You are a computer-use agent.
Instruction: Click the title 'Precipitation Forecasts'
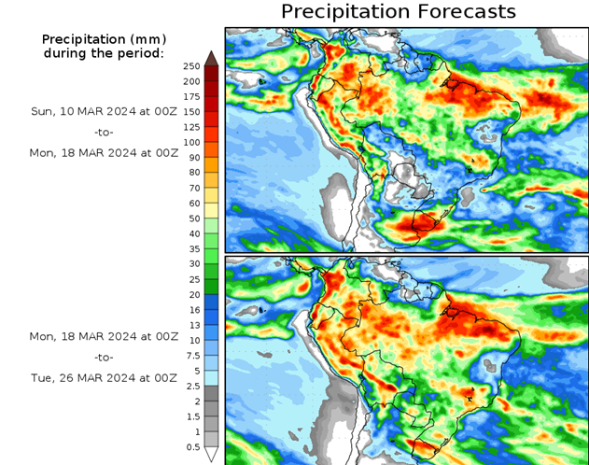398,11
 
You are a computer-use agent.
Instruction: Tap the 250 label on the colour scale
192,65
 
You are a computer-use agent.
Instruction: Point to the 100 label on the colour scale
191,142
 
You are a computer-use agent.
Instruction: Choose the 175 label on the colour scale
191,96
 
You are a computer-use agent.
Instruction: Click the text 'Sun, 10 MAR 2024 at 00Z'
103,110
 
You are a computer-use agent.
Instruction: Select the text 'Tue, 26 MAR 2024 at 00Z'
103,378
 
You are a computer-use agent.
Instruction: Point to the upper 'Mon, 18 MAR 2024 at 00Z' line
103,152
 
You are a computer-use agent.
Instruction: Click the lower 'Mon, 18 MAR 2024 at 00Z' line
103,335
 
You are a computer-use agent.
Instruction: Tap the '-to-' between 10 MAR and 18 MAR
103,132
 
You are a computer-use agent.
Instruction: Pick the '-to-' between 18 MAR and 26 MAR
103,357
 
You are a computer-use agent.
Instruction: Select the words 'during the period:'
103,53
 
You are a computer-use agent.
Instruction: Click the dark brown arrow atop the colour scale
211,58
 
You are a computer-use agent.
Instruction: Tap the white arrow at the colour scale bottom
211,455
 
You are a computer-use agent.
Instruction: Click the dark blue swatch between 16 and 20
211,302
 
